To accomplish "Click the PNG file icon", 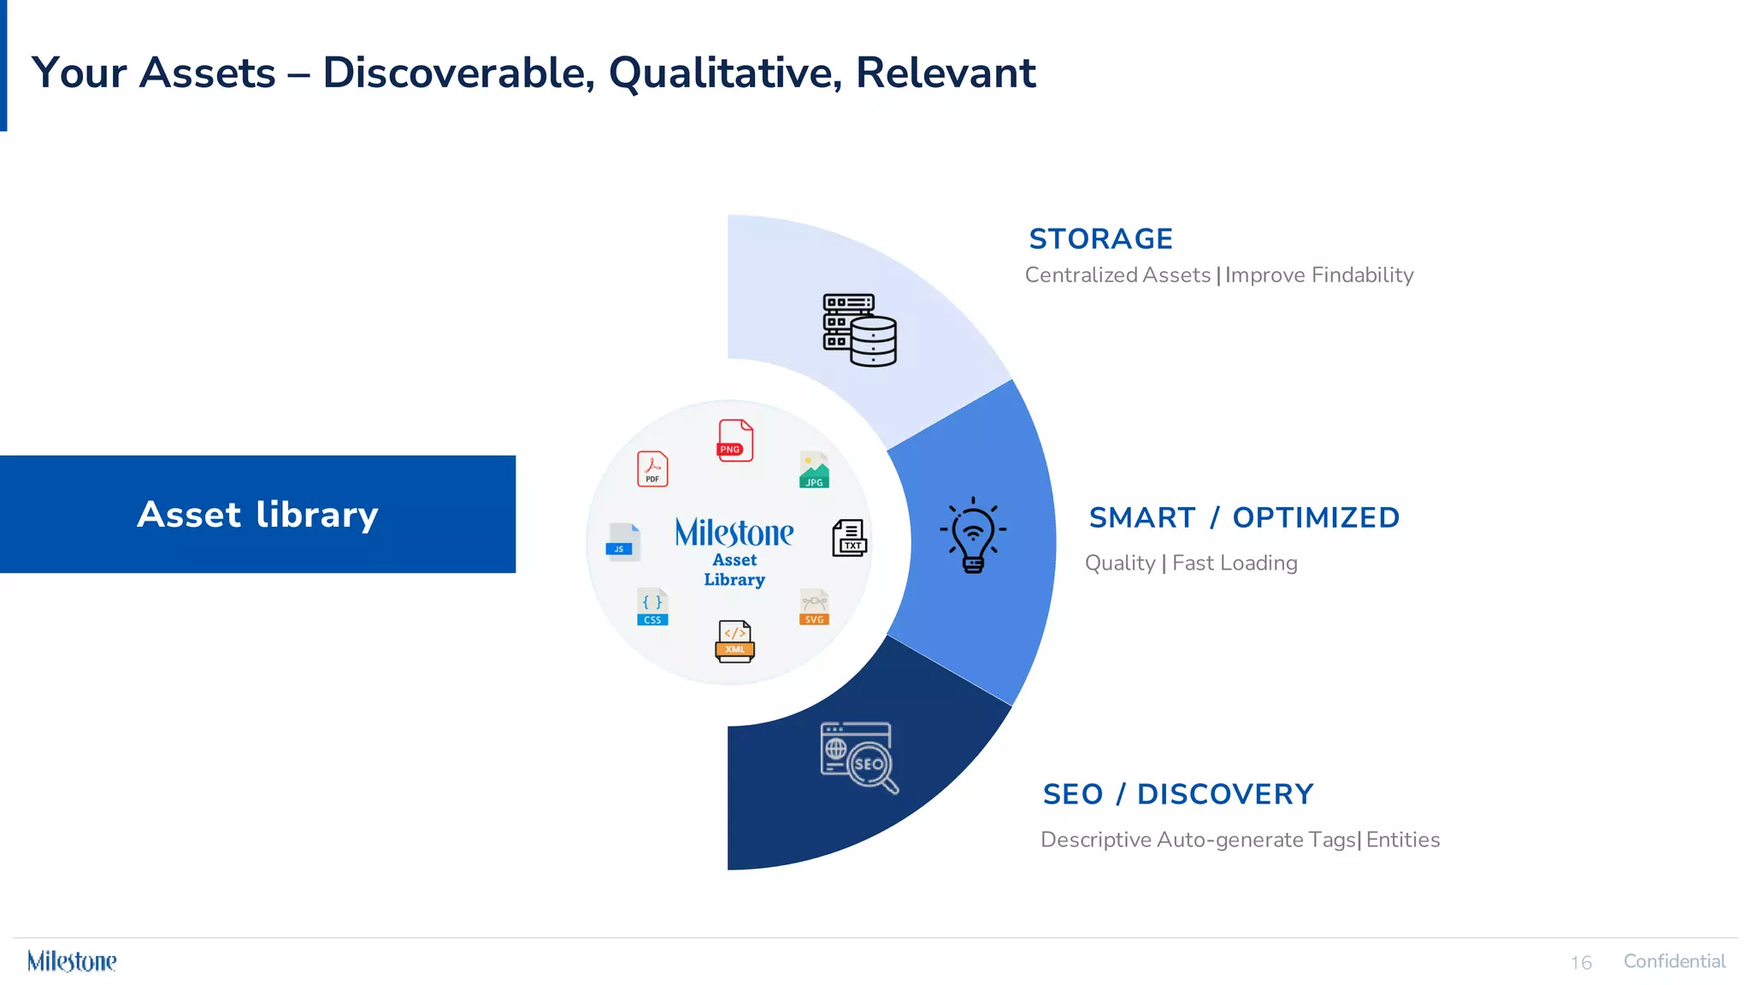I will pyautogui.click(x=734, y=440).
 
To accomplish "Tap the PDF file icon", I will pyautogui.click(x=652, y=469).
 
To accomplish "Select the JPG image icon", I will pyautogui.click(x=814, y=469).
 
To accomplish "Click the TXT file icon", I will pyautogui.click(x=849, y=538).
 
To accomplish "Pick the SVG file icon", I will pyautogui.click(x=814, y=607).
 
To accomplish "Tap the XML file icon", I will pyautogui.click(x=734, y=641).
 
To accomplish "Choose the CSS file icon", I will pyautogui.click(x=652, y=607).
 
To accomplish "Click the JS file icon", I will pyautogui.click(x=622, y=540).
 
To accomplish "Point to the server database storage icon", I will pyautogui.click(x=859, y=330).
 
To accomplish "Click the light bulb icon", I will pyautogui.click(x=973, y=535).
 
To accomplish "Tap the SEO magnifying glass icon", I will pyautogui.click(x=858, y=758).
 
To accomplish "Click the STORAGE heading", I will pyautogui.click(x=1100, y=239).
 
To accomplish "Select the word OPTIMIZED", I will pyautogui.click(x=1315, y=517).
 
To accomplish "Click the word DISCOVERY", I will pyautogui.click(x=1224, y=794).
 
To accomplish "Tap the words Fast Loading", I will pyautogui.click(x=1234, y=563).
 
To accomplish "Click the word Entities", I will pyautogui.click(x=1402, y=840).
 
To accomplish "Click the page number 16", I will pyautogui.click(x=1581, y=963).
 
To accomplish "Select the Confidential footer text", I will pyautogui.click(x=1673, y=961).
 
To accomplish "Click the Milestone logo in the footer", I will pyautogui.click(x=72, y=961).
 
